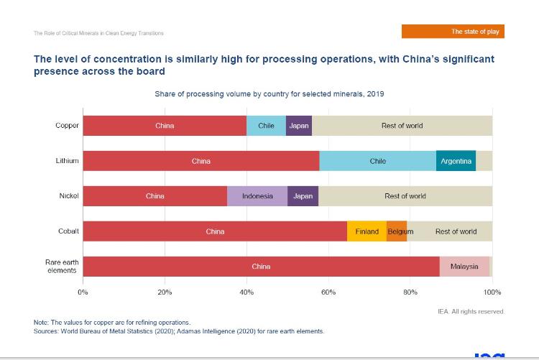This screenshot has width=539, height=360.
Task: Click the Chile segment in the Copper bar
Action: [266, 126]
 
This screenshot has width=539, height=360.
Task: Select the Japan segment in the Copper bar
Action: [299, 126]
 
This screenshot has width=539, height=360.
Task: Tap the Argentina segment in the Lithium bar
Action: [456, 161]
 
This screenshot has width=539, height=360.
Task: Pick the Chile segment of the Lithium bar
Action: [378, 161]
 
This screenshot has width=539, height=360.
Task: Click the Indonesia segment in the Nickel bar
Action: [257, 196]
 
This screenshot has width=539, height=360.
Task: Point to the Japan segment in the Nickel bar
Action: [303, 196]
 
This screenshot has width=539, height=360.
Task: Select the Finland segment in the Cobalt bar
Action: [367, 231]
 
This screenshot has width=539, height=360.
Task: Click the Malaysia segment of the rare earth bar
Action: [464, 267]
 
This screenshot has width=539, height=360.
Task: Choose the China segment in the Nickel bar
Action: [155, 196]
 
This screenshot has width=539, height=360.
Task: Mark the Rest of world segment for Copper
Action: [402, 126]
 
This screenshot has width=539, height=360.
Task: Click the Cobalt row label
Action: [68, 231]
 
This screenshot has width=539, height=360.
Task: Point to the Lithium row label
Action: [68, 161]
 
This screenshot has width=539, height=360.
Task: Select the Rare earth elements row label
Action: [62, 267]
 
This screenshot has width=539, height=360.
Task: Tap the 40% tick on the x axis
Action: [247, 292]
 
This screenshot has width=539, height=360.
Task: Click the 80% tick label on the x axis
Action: [410, 292]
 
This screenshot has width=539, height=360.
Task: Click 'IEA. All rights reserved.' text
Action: [471, 311]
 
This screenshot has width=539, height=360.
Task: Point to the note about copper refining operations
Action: [112, 323]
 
